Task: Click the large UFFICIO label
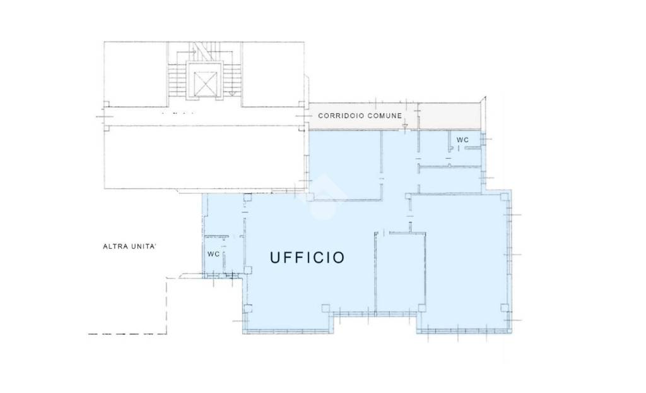click(307, 258)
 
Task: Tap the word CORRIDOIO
click(341, 116)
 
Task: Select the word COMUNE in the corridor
click(385, 116)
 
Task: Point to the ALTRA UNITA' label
click(129, 246)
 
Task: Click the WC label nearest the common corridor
click(462, 140)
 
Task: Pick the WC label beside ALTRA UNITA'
click(213, 254)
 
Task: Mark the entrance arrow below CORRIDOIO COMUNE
click(405, 124)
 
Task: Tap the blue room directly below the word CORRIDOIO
click(345, 165)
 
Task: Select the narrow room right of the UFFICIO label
click(401, 272)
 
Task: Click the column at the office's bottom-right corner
click(505, 308)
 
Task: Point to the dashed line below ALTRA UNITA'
click(127, 333)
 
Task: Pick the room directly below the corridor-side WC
click(450, 179)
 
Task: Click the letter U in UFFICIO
click(275, 258)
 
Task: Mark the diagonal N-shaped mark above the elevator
click(201, 51)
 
